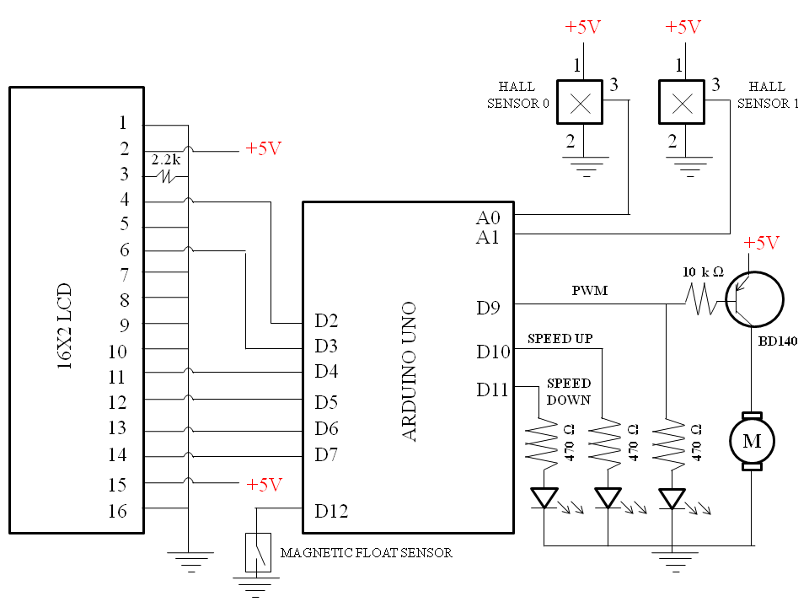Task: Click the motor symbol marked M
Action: [752, 441]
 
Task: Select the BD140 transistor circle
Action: [755, 299]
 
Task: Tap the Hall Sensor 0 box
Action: [580, 102]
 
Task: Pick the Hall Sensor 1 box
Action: [682, 102]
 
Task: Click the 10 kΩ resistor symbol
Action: [700, 300]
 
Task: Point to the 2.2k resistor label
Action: [166, 159]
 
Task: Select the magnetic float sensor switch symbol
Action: [258, 552]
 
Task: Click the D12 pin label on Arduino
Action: [331, 511]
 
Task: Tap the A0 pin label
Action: [488, 218]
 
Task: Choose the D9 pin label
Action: [488, 309]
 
